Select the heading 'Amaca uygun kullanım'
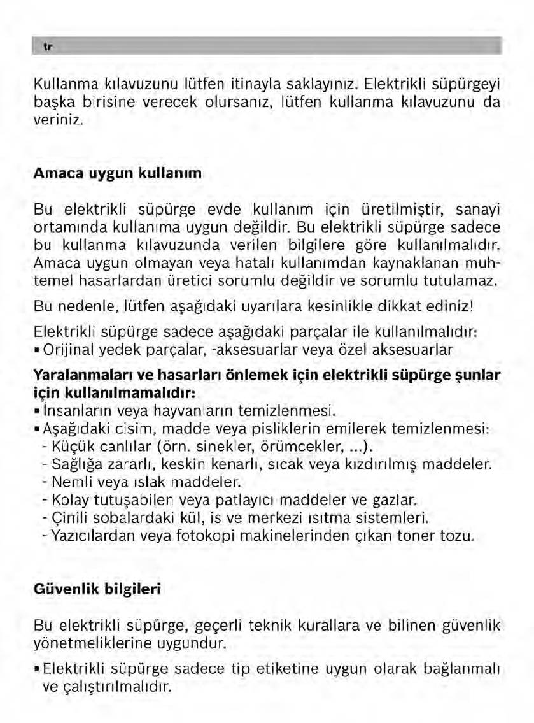(117, 173)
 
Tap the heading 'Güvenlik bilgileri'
(97, 589)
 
